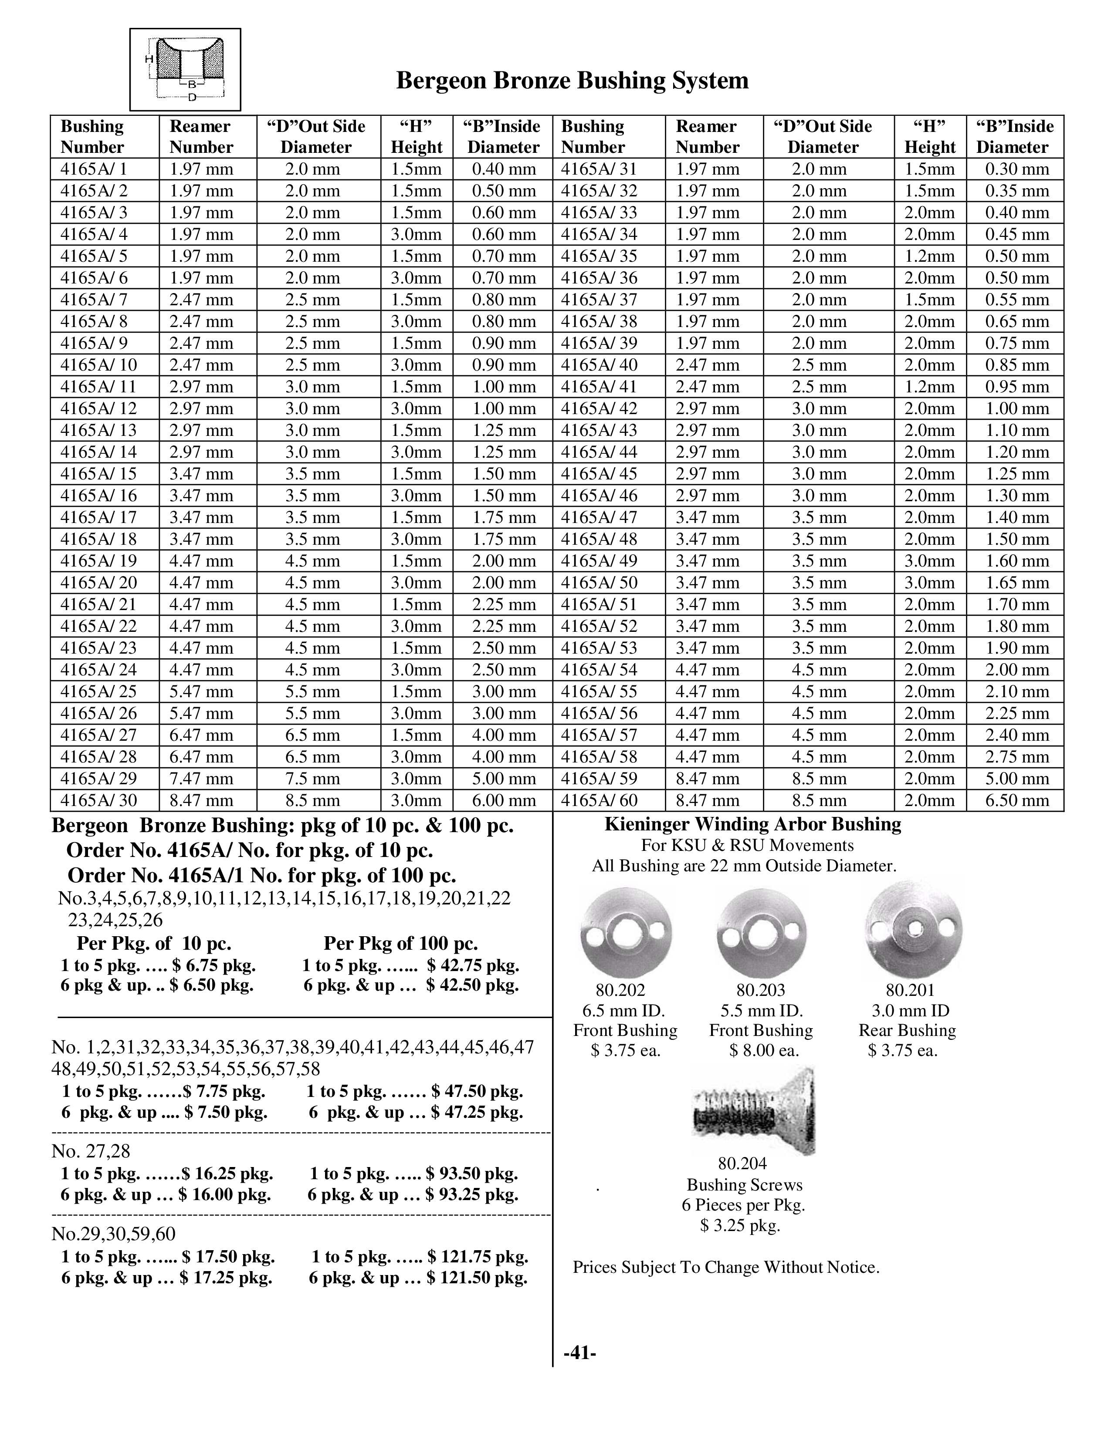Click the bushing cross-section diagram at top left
point(185,69)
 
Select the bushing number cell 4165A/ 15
point(99,474)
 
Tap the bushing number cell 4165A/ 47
point(599,517)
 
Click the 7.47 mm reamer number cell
point(201,779)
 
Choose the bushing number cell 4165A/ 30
point(99,800)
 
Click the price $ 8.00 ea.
point(763,1050)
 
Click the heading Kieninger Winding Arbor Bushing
point(752,824)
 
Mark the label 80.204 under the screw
point(742,1164)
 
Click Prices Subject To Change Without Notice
point(726,1267)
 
